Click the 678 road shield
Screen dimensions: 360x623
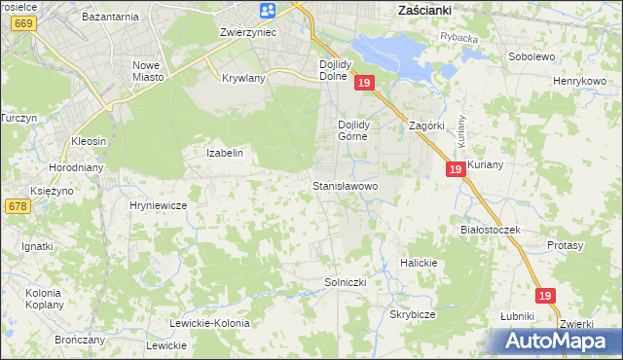pyautogui.click(x=17, y=206)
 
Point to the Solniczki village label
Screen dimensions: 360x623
pyautogui.click(x=344, y=282)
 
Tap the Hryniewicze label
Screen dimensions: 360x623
pyautogui.click(x=158, y=206)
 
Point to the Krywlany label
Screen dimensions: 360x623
pyautogui.click(x=243, y=78)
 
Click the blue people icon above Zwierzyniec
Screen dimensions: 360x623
pyautogui.click(x=268, y=11)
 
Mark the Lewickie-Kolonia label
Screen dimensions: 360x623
pyautogui.click(x=209, y=323)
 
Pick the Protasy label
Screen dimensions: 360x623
pyautogui.click(x=565, y=246)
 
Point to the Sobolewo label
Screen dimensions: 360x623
pyautogui.click(x=531, y=56)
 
